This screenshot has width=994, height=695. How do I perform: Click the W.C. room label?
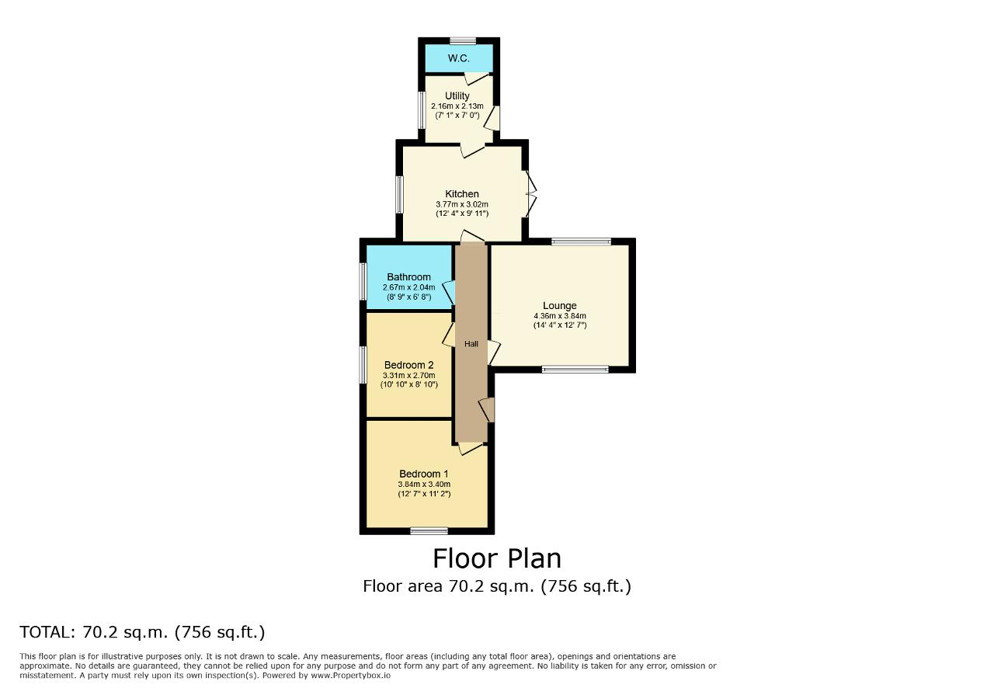coord(458,58)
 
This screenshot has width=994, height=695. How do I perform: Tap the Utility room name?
coord(457,96)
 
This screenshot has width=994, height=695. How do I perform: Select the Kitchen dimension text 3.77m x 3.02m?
coord(462,204)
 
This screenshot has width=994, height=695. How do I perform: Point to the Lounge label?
coord(560,306)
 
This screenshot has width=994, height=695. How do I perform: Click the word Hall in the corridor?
coord(471,344)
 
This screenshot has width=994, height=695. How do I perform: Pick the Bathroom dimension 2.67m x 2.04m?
coord(408,287)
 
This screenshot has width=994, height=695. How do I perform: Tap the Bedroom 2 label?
coord(408,365)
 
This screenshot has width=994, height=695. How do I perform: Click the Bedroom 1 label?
coord(424,474)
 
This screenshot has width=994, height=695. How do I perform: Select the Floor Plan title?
coord(497,559)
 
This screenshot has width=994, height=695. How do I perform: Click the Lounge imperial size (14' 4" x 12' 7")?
coord(560,325)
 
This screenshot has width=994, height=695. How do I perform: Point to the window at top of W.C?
coord(462,41)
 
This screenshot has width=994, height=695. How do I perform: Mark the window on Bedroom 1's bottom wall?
coord(429,531)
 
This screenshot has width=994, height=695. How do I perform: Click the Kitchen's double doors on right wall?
coord(530,194)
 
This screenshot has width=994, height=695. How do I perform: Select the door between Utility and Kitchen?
coord(471,150)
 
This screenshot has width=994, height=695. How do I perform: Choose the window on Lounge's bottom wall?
coord(575,370)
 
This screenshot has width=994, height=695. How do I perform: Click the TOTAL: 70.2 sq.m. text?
coord(142,632)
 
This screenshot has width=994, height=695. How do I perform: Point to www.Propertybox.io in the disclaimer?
coord(350,676)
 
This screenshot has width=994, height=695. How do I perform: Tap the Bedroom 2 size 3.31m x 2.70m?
coord(408,376)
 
